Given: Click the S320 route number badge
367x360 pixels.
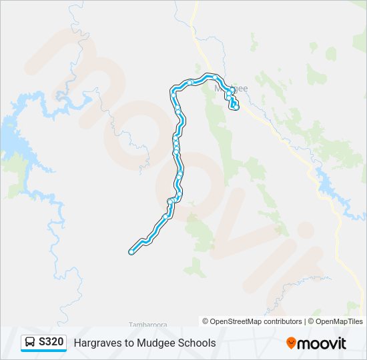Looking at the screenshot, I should tap(44, 343).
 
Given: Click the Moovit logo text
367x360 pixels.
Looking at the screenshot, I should tap(322, 343).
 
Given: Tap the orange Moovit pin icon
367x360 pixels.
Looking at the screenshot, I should tap(291, 343).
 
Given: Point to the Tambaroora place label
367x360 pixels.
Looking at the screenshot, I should tap(147, 325).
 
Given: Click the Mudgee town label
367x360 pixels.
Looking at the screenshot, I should tap(230, 87).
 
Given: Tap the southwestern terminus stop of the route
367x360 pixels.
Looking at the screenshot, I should tap(131, 251).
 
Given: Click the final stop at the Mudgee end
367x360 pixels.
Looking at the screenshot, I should tap(236, 107).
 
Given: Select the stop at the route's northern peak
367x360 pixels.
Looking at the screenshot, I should tap(190, 82).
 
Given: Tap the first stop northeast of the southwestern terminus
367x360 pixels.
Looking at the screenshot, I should tap(165, 217).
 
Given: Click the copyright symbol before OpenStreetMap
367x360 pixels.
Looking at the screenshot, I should tap(206, 321).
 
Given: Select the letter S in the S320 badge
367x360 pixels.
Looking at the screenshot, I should tap(41, 343).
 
